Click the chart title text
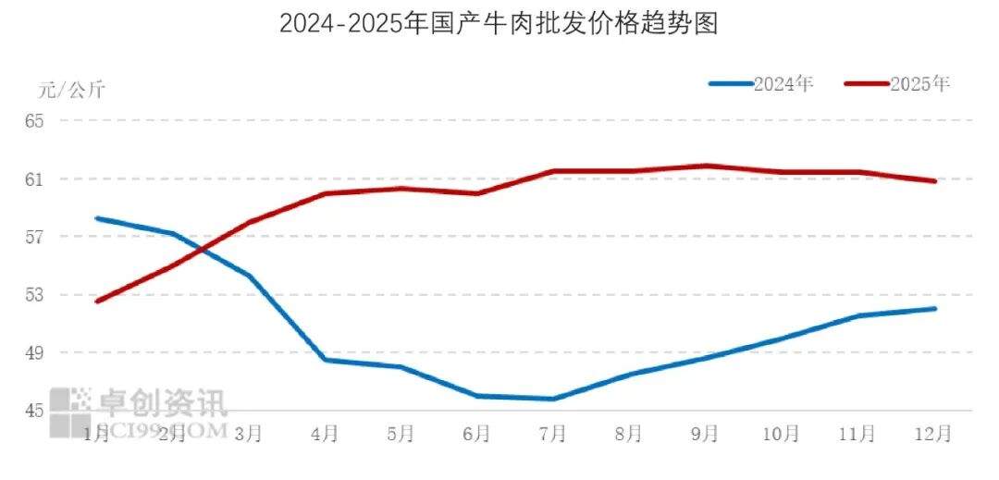point(499,23)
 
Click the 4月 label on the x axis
point(325,432)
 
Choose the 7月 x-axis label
point(553,432)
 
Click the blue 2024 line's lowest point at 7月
point(553,399)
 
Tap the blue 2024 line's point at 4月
point(326,360)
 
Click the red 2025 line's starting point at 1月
point(97,302)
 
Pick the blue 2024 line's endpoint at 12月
point(934,309)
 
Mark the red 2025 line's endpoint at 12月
point(934,181)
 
